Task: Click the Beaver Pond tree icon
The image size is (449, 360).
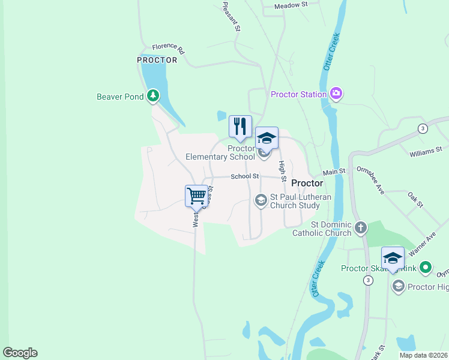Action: coord(154,95)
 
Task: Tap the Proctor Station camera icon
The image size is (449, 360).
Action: coord(336,94)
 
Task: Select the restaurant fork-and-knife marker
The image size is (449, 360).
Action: coord(240,126)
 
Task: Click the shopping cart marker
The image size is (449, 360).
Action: coord(196,196)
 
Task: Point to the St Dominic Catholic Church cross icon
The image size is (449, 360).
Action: coord(360,227)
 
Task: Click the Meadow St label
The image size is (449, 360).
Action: coord(291,5)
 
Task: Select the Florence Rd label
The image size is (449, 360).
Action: coord(168,48)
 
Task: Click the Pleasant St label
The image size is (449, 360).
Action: coord(232,16)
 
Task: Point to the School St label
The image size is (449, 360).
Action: coord(244,176)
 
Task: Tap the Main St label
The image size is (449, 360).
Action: coord(334,172)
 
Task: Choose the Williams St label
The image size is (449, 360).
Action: coord(426,151)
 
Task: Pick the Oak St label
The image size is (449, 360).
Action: coord(415,200)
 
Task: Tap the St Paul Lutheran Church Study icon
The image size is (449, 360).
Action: coord(261,200)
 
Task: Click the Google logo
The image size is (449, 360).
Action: coord(20,352)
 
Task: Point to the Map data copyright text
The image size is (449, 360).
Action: coord(423,355)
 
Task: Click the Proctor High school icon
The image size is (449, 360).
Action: coord(398,287)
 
